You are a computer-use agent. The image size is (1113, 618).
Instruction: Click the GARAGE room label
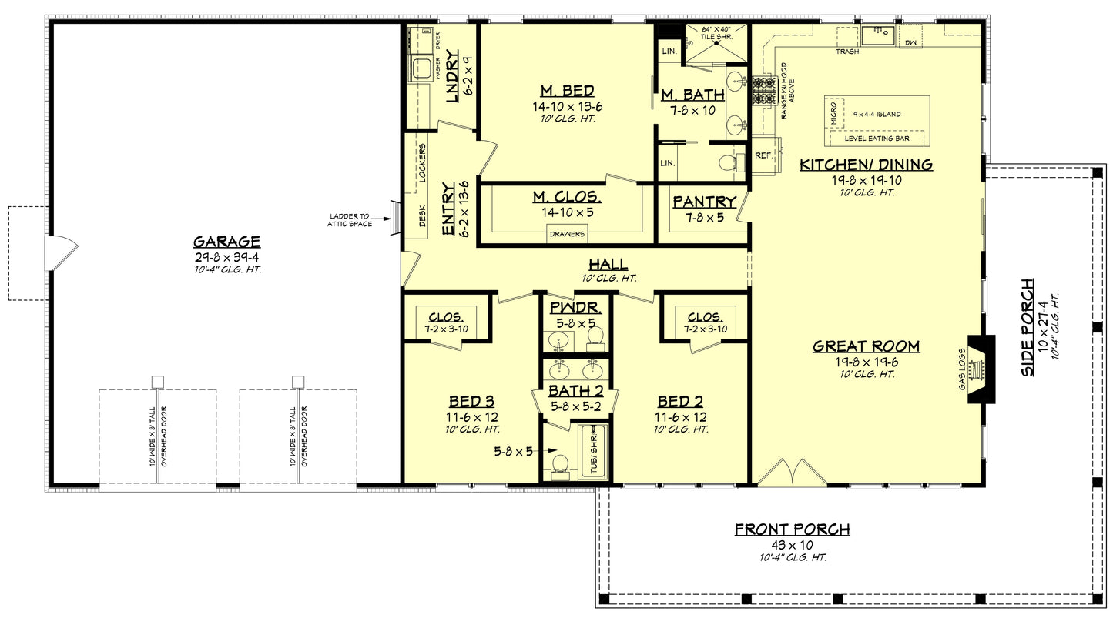pyautogui.click(x=226, y=241)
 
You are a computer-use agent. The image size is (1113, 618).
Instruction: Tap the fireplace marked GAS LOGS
pyautogui.click(x=980, y=369)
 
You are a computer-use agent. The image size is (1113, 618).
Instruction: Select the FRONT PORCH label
pyautogui.click(x=792, y=529)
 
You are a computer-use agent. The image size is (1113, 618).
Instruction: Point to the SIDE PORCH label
pyautogui.click(x=1028, y=327)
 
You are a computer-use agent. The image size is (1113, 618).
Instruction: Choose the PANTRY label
pyautogui.click(x=704, y=202)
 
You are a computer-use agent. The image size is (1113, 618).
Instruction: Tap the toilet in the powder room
pyautogui.click(x=594, y=337)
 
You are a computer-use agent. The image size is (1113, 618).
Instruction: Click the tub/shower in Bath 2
pyautogui.click(x=593, y=450)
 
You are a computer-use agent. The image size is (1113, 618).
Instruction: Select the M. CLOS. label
pyautogui.click(x=567, y=198)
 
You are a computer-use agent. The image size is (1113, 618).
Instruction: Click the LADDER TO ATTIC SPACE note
pyautogui.click(x=351, y=220)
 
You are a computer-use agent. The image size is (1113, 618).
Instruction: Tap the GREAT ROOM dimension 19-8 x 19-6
pyautogui.click(x=866, y=361)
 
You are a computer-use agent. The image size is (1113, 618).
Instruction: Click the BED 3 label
pyautogui.click(x=471, y=402)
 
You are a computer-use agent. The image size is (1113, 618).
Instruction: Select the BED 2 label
pyautogui.click(x=679, y=402)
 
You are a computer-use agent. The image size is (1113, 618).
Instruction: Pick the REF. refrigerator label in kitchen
pyautogui.click(x=763, y=155)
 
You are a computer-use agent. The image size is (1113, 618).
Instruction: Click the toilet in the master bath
pyautogui.click(x=727, y=162)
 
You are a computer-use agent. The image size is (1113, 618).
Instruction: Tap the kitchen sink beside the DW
pyautogui.click(x=877, y=34)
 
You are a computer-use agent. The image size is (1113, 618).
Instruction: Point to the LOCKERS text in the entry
pyautogui.click(x=422, y=162)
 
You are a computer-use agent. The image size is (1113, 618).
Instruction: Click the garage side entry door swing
pyautogui.click(x=62, y=253)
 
